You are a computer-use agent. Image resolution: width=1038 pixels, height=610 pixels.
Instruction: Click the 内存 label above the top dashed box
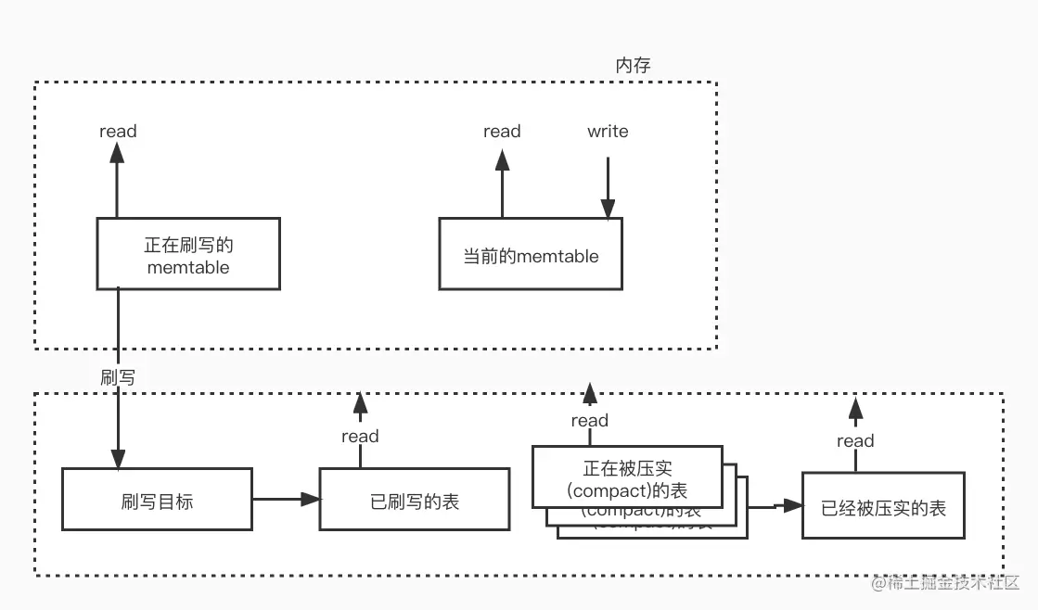click(x=634, y=65)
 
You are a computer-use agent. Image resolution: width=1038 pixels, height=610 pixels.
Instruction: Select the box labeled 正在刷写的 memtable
click(x=188, y=254)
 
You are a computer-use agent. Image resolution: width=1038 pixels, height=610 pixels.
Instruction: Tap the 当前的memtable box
click(x=531, y=255)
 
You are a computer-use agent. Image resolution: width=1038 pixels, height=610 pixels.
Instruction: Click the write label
click(x=608, y=132)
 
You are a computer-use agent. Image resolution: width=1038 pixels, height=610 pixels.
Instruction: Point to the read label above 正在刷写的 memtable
click(x=118, y=132)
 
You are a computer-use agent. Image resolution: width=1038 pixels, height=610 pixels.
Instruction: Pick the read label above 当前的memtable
click(x=502, y=132)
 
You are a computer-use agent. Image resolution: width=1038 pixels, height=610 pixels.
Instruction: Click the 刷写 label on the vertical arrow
click(x=118, y=377)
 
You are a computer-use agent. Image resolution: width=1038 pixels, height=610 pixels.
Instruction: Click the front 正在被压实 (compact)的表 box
click(x=627, y=477)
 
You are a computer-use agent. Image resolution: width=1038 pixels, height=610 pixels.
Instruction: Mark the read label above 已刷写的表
click(x=360, y=437)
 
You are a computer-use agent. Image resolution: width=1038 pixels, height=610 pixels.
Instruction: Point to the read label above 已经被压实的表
click(x=855, y=441)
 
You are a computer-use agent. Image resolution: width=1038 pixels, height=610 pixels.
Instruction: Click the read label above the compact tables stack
click(x=590, y=421)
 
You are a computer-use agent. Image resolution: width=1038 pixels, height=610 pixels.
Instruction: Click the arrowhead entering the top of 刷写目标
click(x=118, y=458)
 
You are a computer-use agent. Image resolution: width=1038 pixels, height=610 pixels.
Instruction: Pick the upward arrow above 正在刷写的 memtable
click(x=118, y=181)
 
